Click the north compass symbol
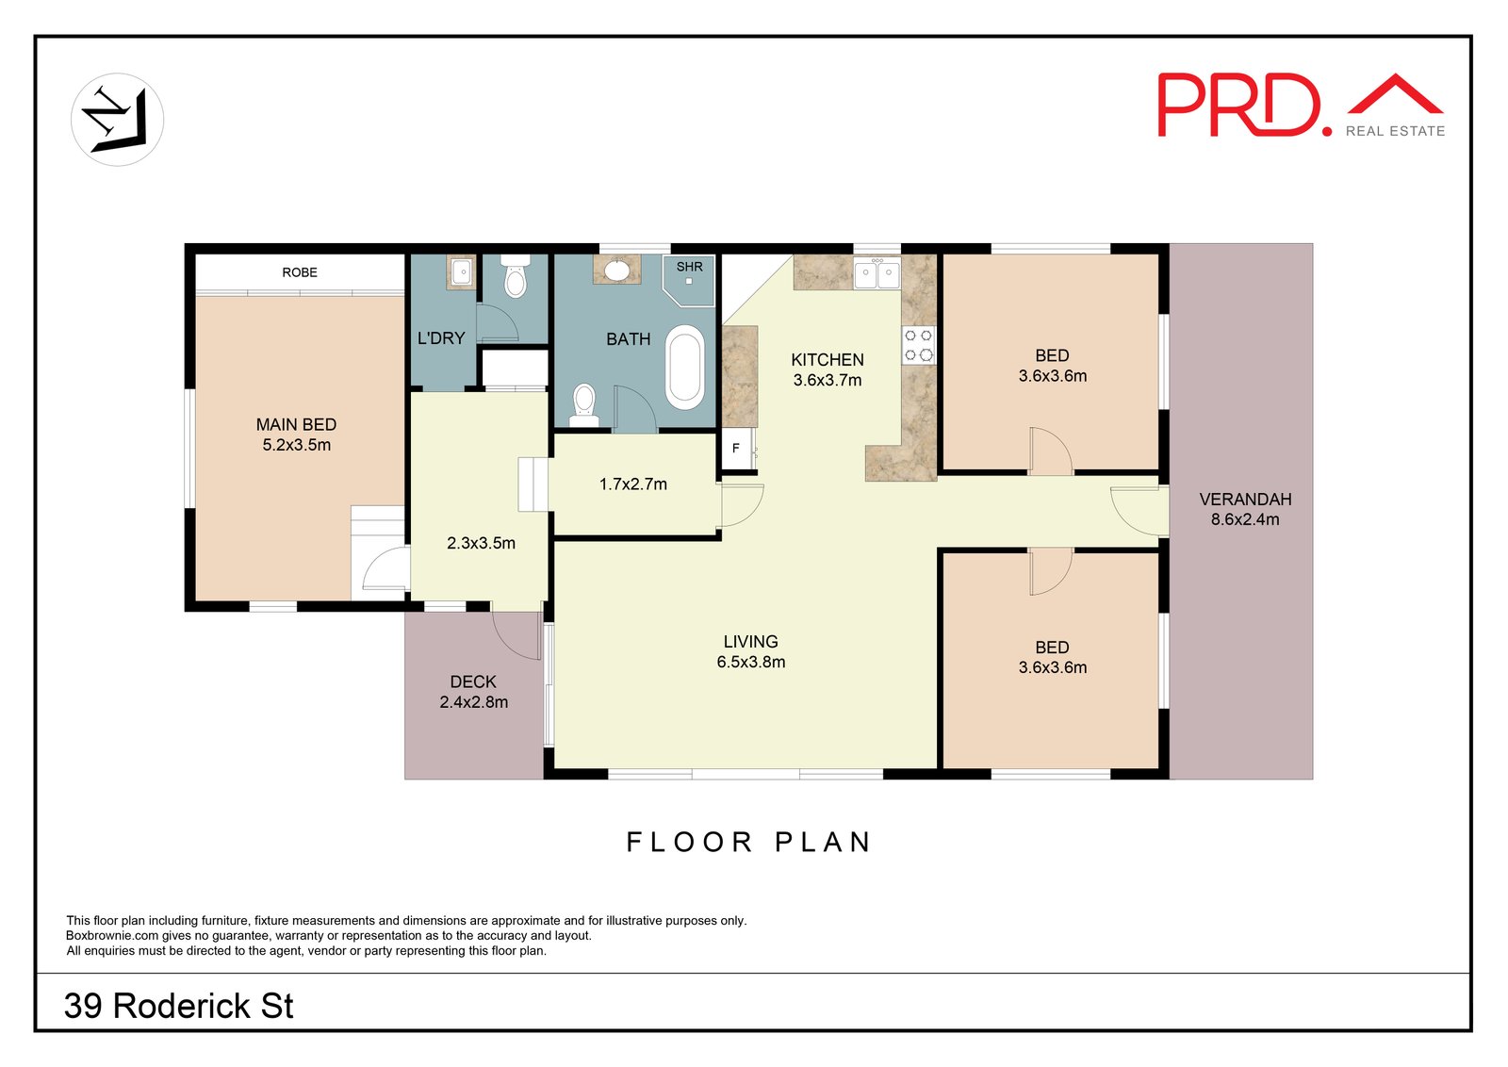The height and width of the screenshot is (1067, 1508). (x=117, y=120)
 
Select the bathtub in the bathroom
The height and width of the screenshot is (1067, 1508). (x=685, y=368)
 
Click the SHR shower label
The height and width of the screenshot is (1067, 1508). (x=689, y=267)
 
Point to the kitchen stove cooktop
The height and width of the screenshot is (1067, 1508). (x=919, y=345)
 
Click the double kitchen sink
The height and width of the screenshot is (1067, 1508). (x=877, y=274)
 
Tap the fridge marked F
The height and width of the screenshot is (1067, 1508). (x=736, y=449)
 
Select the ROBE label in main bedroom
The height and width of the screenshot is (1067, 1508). (x=300, y=272)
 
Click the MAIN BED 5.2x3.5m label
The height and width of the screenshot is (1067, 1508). (x=296, y=435)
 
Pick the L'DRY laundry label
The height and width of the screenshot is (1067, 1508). (x=441, y=338)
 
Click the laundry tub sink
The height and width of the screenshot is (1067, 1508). (x=462, y=272)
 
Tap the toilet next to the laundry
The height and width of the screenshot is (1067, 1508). (x=515, y=278)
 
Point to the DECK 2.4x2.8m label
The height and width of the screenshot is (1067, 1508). (x=473, y=692)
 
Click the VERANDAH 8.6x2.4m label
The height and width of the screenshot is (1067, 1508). (x=1245, y=509)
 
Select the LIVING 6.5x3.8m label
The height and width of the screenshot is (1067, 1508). (x=750, y=651)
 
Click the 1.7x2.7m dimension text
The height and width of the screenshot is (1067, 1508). (x=632, y=484)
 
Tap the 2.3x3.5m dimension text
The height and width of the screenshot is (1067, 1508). (x=481, y=543)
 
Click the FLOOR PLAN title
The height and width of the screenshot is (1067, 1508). (x=750, y=842)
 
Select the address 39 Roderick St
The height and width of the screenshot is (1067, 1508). (x=179, y=1006)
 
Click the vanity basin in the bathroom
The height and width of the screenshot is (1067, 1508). (x=616, y=271)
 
